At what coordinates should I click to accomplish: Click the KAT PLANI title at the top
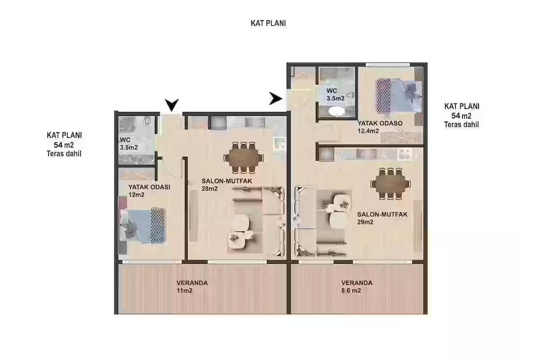click(268, 23)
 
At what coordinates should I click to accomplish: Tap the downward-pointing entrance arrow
click(172, 105)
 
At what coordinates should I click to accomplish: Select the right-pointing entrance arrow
click(275, 99)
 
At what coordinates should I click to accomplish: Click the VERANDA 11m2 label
click(192, 287)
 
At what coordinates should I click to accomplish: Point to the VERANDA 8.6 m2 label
click(357, 287)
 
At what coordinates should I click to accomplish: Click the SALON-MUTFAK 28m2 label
click(227, 184)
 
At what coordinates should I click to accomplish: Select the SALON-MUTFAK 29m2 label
click(382, 218)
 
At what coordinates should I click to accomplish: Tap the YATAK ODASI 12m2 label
click(149, 191)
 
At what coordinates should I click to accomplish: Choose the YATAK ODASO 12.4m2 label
click(380, 127)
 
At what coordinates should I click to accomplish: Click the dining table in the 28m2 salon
click(243, 157)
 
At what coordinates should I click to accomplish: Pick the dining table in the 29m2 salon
click(391, 184)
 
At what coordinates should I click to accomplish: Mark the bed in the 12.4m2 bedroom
click(399, 96)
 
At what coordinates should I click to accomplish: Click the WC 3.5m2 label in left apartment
click(129, 144)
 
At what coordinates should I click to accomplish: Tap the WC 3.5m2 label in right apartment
click(335, 94)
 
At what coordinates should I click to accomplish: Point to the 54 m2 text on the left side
click(63, 145)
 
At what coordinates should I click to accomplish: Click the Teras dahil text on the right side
click(461, 125)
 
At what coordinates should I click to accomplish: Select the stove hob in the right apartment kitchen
click(405, 154)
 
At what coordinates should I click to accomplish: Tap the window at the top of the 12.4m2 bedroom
click(387, 65)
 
